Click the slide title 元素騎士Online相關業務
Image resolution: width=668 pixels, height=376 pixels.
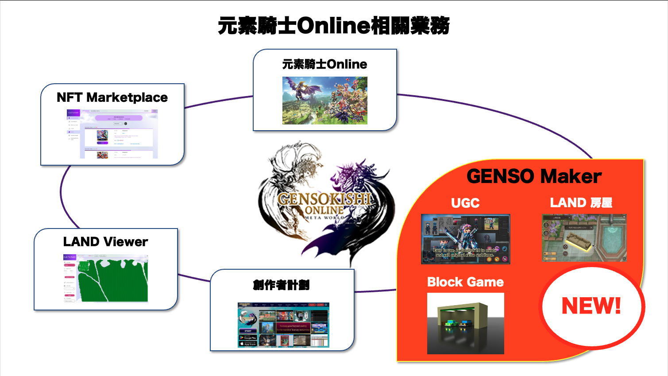tap(334, 26)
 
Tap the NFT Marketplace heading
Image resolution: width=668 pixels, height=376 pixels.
tap(112, 97)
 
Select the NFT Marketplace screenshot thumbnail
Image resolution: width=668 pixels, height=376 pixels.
tap(112, 134)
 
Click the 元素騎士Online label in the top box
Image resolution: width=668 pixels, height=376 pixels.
tap(324, 64)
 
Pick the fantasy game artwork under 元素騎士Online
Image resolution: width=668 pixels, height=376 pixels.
tap(324, 101)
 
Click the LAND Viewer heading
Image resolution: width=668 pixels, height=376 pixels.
tap(105, 242)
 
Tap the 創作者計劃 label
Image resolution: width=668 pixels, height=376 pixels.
tap(281, 285)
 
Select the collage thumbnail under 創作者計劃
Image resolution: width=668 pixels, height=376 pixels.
tap(283, 325)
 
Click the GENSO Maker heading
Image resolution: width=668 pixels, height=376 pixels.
tap(534, 176)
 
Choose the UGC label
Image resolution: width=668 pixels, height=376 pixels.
tap(465, 203)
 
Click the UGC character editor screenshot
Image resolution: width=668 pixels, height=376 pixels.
tap(465, 239)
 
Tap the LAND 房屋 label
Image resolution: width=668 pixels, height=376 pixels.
tap(581, 203)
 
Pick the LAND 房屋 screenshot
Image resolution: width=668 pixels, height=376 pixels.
tap(584, 238)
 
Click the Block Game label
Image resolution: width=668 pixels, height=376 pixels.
tap(465, 282)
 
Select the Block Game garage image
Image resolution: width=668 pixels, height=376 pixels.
tap(465, 323)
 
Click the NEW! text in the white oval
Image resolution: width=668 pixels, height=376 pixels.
tap(591, 306)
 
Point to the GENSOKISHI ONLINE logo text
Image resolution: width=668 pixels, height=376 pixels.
tap(324, 204)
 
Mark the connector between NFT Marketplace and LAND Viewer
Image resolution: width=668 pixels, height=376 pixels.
tap(62, 195)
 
